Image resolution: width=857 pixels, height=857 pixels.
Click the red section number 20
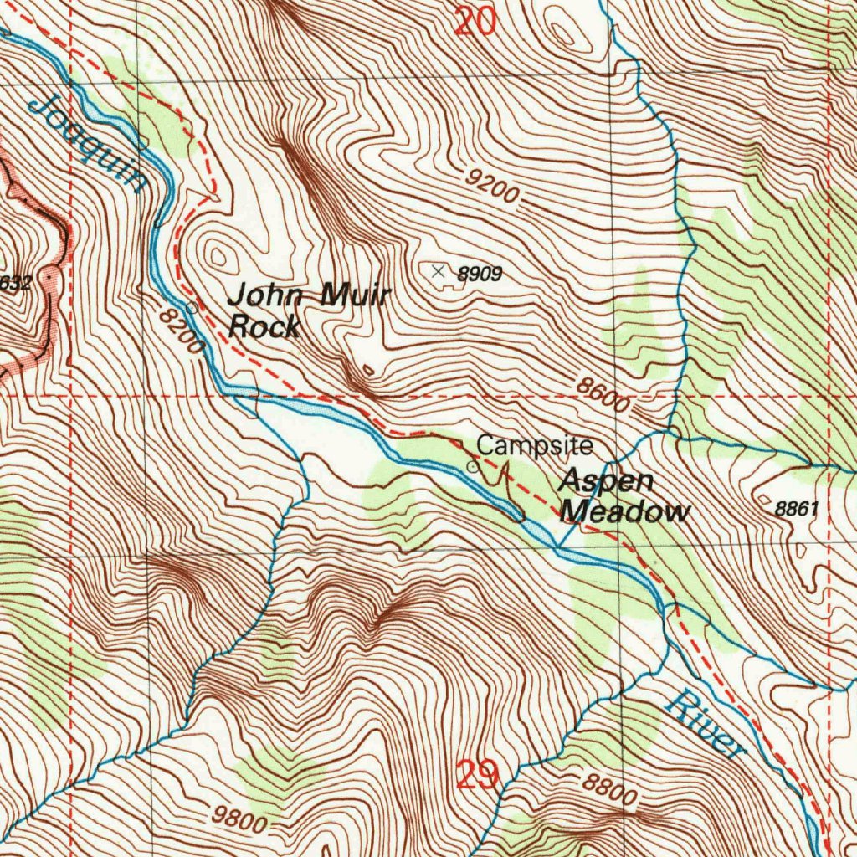475,19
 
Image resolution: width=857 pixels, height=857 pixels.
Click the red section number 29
479,776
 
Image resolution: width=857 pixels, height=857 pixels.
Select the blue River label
704,725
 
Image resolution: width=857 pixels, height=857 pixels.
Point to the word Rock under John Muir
264,326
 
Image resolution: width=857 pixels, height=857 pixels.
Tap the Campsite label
535,445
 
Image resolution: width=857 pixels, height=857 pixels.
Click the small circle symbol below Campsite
473,467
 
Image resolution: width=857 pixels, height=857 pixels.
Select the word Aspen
607,482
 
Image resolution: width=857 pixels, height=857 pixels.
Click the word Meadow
626,511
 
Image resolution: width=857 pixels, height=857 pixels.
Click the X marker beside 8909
438,270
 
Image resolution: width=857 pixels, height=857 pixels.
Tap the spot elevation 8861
794,508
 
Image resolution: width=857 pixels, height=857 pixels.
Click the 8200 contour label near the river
181,331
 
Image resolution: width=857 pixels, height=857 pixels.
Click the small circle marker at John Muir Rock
192,308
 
